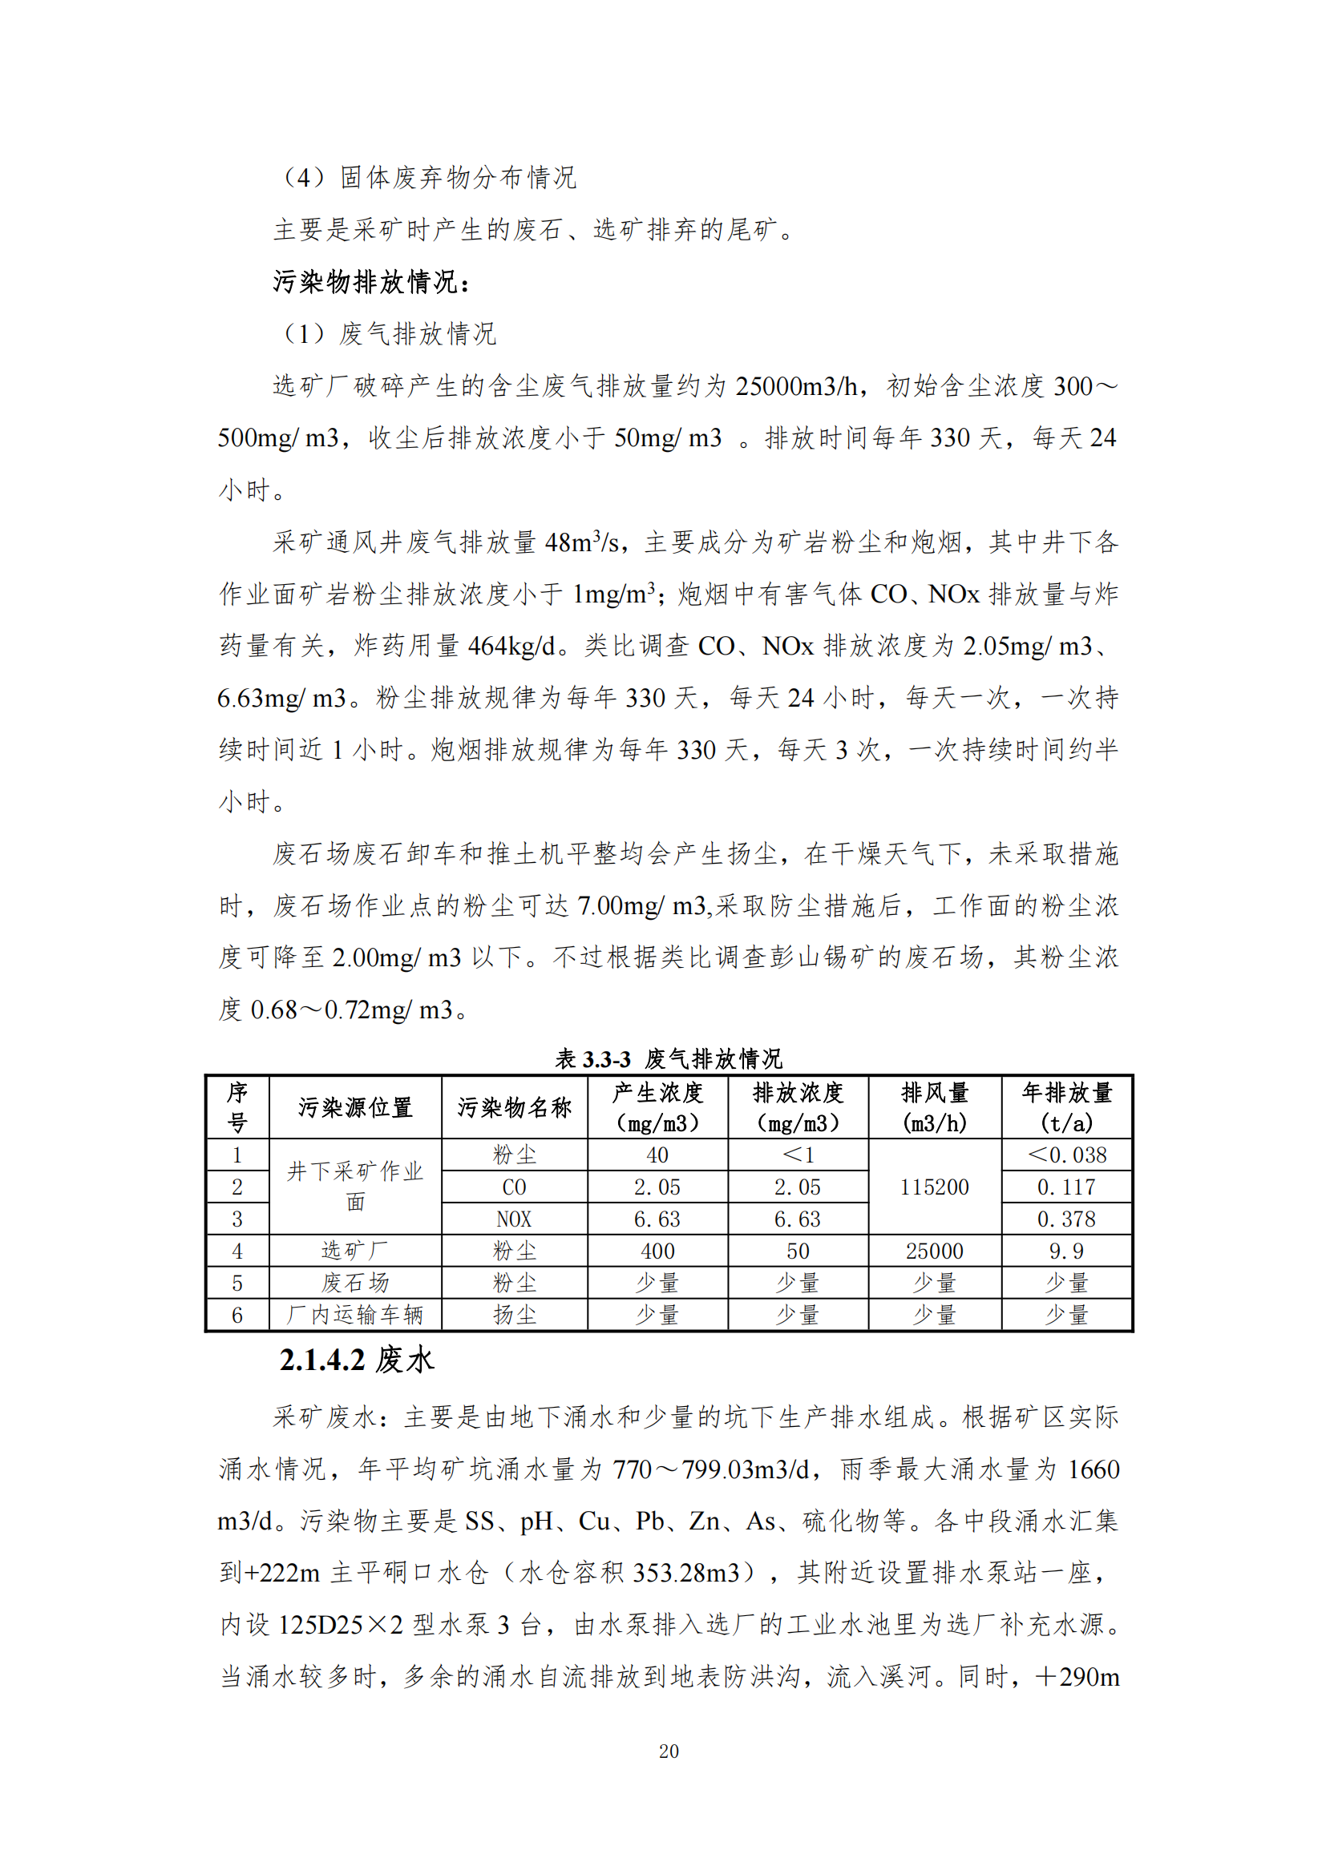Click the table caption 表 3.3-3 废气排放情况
pos(669,1058)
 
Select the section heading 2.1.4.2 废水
pos(357,1360)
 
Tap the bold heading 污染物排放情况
pos(371,281)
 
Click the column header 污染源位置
pos(355,1107)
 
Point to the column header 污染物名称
pos(515,1107)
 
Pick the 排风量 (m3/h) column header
pos(935,1107)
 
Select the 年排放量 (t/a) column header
pos(1066,1107)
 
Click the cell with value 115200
pos(935,1187)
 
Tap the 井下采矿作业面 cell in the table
pos(355,1186)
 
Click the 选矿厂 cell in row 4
pos(355,1251)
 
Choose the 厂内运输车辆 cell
pos(355,1315)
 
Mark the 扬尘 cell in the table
pos(515,1315)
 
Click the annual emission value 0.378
pos(1066,1219)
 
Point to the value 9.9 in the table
pos(1066,1251)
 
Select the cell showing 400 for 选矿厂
pos(657,1251)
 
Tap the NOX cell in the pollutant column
pos(515,1219)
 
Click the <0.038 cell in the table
pos(1066,1155)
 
